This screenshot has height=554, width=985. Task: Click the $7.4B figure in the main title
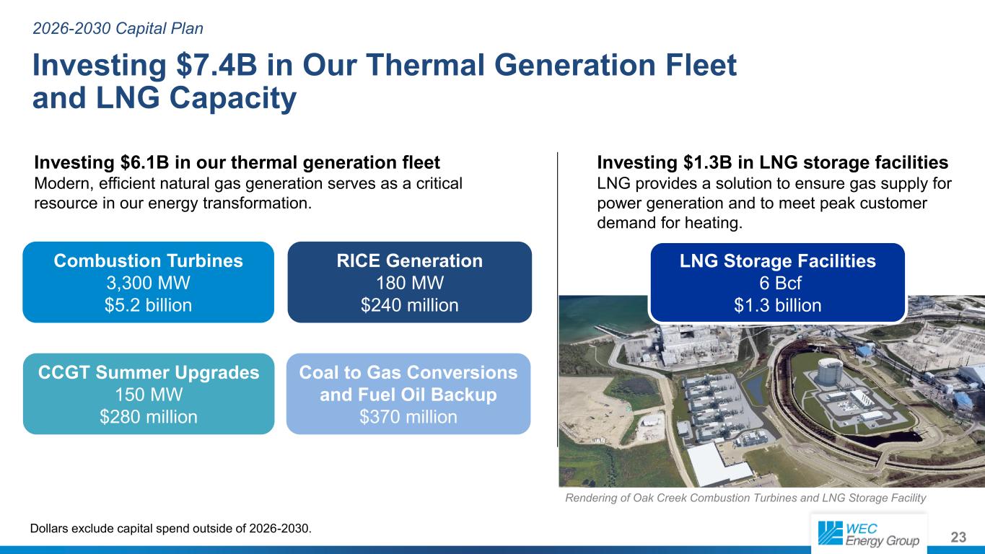(216, 65)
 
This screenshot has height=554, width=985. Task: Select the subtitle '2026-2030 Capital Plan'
(118, 29)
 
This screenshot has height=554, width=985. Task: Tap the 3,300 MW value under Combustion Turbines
(148, 283)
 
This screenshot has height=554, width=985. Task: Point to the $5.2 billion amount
(148, 304)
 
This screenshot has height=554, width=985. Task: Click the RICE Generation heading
(409, 260)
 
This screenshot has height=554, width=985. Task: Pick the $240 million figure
(409, 304)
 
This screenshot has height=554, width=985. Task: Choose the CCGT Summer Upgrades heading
(149, 372)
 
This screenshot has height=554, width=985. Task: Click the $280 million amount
(149, 416)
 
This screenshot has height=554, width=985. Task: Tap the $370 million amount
(408, 416)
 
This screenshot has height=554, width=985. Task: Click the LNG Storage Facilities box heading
(777, 260)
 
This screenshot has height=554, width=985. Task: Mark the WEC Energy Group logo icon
(830, 533)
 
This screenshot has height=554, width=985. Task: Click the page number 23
(958, 537)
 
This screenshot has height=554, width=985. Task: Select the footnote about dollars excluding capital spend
(170, 528)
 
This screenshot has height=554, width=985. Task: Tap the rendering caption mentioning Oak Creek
(745, 498)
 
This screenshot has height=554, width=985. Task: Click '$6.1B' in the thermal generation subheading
(144, 162)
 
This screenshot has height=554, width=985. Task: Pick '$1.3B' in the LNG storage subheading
(707, 162)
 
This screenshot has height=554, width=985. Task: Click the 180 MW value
(409, 283)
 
